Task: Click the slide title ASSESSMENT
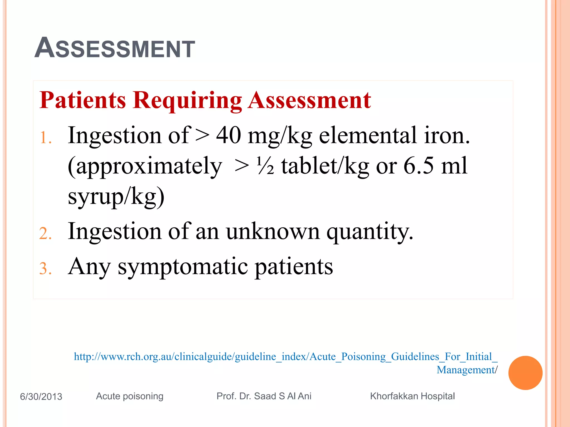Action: [115, 48]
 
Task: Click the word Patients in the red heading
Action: [83, 100]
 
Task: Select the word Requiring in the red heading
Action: [187, 101]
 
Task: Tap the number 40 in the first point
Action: [229, 135]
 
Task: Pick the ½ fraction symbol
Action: [265, 166]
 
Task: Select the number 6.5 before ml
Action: [418, 166]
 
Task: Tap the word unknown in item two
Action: [272, 231]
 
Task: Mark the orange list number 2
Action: [45, 234]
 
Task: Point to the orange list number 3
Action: [45, 269]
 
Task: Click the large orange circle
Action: [525, 373]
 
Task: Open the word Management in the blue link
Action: [465, 370]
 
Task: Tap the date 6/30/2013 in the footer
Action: [41, 396]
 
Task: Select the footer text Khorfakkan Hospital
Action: [412, 396]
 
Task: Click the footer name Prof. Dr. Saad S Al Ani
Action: [264, 396]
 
